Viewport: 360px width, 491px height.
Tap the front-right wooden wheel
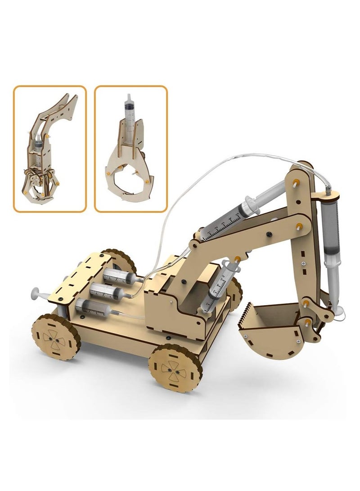pos(175,368)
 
